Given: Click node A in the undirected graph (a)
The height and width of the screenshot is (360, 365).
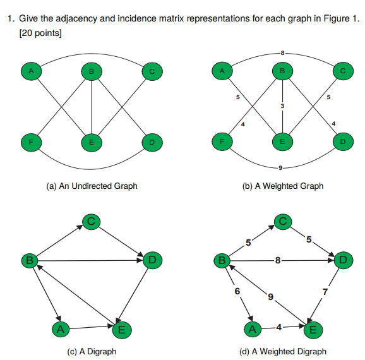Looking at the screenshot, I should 30,72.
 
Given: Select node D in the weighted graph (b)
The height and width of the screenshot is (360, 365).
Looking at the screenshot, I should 342,143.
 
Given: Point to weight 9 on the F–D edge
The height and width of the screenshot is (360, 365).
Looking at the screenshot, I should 280,167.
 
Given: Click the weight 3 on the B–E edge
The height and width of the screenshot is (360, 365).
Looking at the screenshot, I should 283,106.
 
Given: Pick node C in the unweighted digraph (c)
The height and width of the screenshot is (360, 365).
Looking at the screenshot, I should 91,221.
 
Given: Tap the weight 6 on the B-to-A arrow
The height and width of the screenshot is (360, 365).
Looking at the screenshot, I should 237,291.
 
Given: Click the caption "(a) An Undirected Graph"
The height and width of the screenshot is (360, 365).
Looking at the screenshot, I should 92,186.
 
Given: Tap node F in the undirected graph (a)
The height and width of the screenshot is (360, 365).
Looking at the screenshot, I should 30,143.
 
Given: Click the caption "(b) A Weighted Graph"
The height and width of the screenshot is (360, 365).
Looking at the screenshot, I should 282,186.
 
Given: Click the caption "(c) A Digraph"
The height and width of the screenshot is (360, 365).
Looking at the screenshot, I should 92,351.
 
